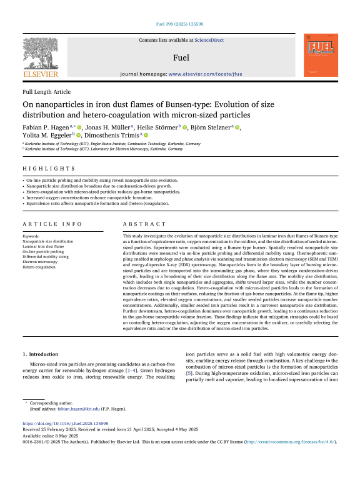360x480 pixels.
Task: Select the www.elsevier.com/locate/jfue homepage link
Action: click(206, 74)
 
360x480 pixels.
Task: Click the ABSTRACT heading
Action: click(144, 224)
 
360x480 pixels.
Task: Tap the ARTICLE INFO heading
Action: click(49, 224)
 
